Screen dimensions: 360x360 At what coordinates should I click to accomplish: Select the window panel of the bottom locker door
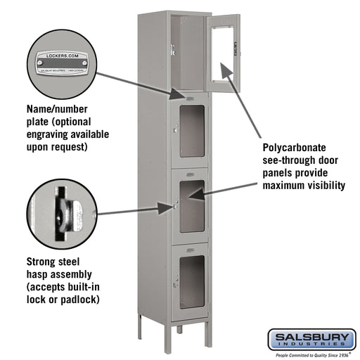pyautogui.click(x=191, y=281)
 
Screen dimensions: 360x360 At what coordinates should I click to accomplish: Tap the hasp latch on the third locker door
pyautogui.click(x=174, y=206)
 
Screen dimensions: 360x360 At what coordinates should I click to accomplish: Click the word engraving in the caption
pyautogui.click(x=50, y=135)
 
